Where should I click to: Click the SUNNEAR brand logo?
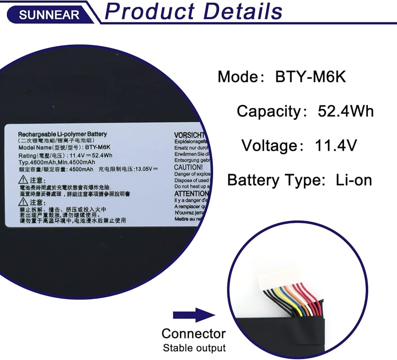click(49, 15)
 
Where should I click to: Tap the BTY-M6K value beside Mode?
click(310, 77)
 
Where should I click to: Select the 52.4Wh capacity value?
click(345, 111)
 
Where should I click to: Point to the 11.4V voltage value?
click(336, 146)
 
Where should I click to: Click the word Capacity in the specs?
click(270, 111)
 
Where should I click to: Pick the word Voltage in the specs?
click(270, 146)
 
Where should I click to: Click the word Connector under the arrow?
click(194, 333)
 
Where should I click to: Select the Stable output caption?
click(194, 348)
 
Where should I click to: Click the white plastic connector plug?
click(278, 277)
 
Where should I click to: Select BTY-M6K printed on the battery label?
click(97, 147)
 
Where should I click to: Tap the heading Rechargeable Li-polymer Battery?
click(62, 135)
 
